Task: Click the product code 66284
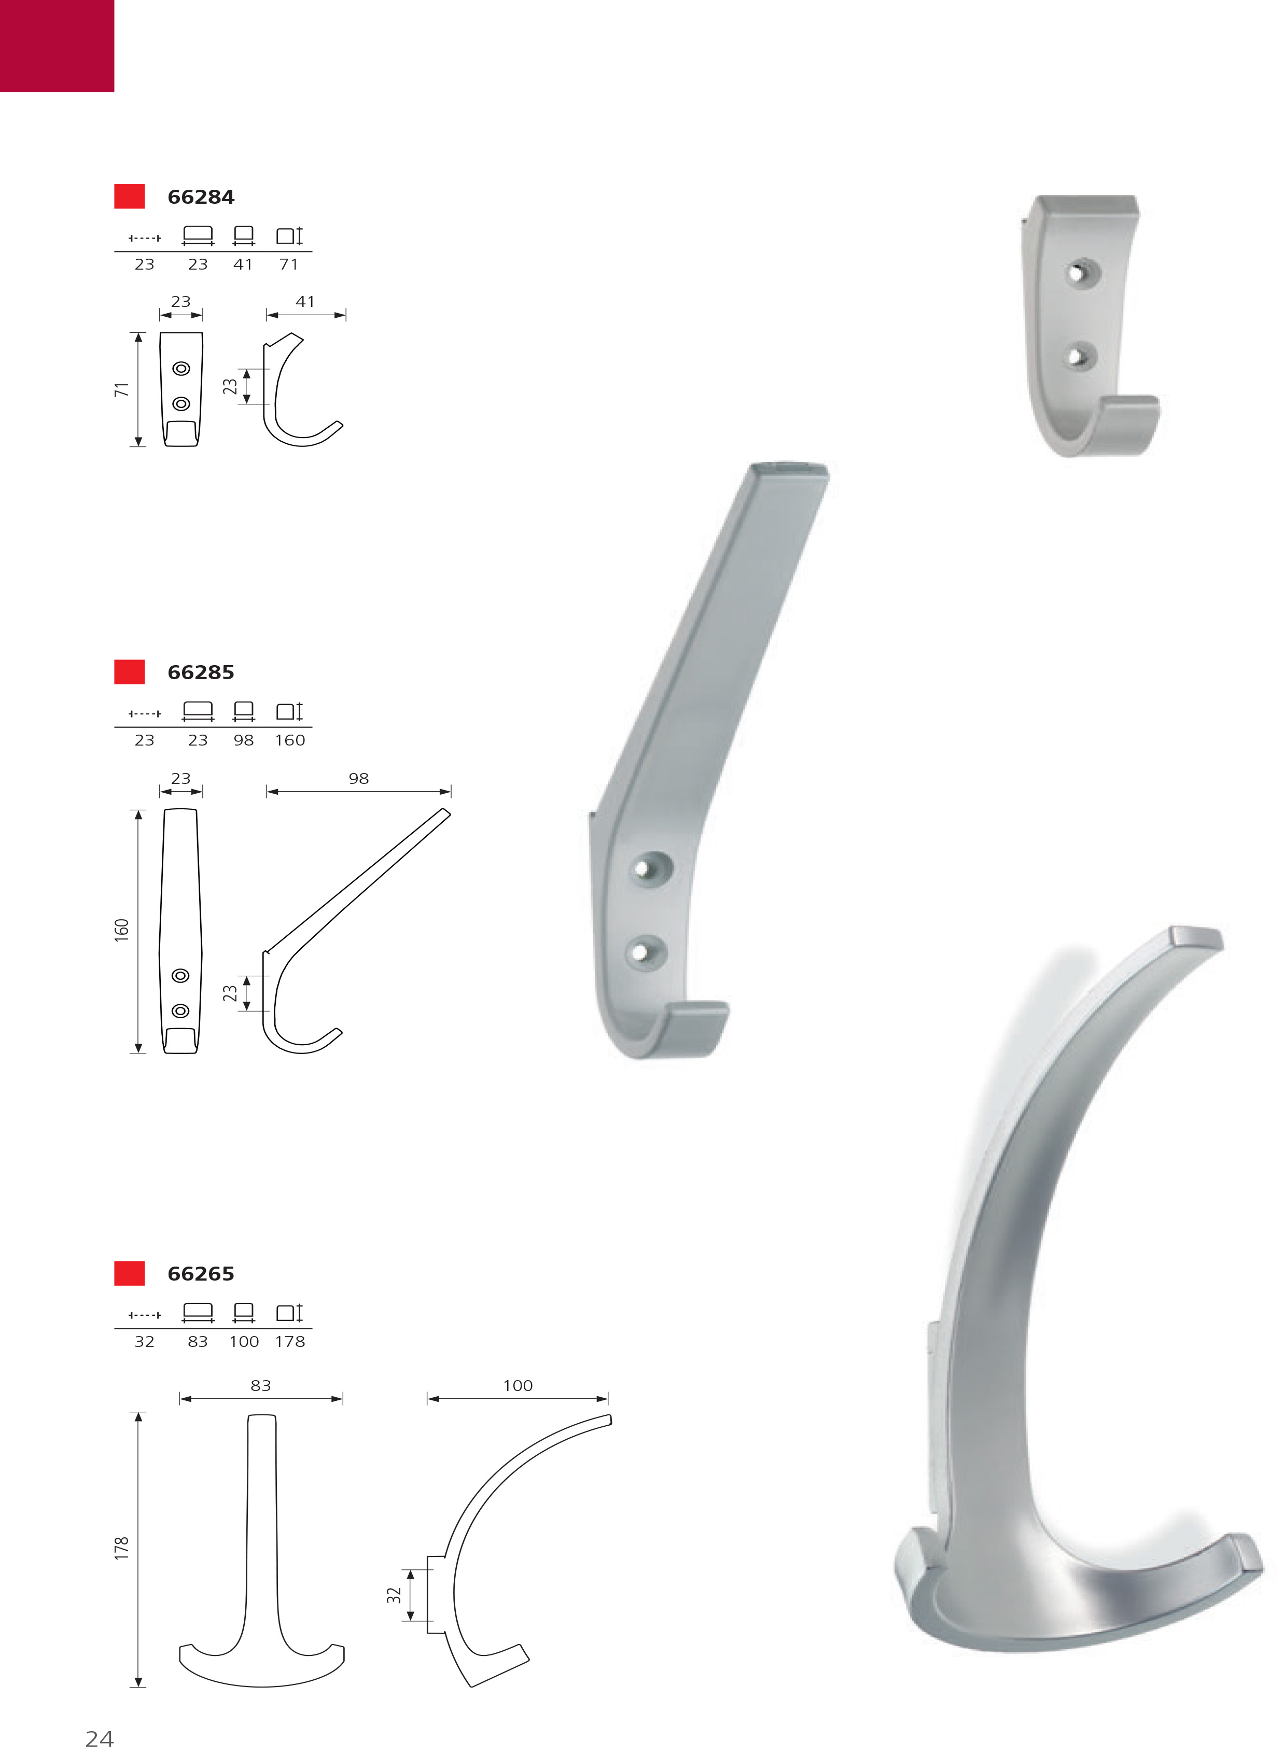click(x=201, y=197)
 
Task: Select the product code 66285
click(x=201, y=672)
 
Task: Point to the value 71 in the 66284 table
click(x=289, y=264)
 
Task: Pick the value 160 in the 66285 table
click(x=289, y=740)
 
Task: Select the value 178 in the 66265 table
click(x=289, y=1341)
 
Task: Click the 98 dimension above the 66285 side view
click(x=358, y=778)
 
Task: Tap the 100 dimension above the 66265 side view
click(x=518, y=1385)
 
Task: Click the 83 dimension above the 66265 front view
click(x=261, y=1385)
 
